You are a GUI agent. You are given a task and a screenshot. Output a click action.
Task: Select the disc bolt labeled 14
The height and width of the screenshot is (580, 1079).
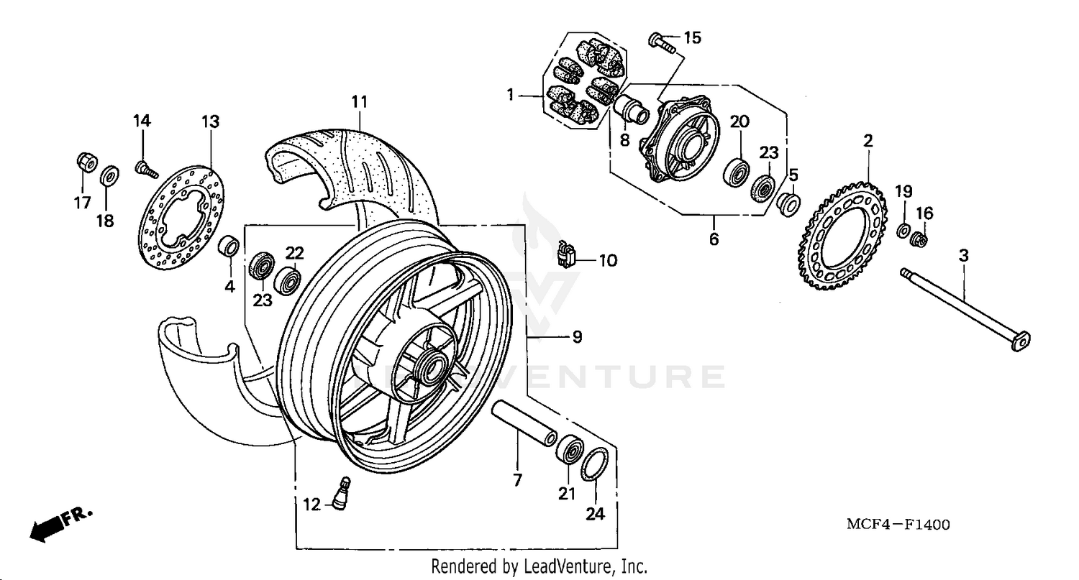(x=145, y=170)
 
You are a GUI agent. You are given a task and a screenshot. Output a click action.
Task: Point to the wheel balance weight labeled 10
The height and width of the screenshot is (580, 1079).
(x=567, y=254)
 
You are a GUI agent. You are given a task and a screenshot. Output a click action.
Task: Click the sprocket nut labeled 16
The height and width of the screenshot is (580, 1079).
(x=919, y=239)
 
